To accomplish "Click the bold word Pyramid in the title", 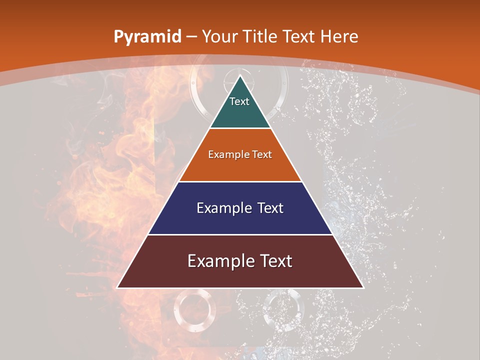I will coord(147,37).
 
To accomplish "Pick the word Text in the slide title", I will coord(300,37).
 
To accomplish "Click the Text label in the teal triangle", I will coord(239,101).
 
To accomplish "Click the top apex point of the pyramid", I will coord(240,75).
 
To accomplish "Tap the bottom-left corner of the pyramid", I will coord(117,287).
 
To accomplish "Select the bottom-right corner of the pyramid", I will coord(363,287).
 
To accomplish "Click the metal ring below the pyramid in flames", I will coord(195,310).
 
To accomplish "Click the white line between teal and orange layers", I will coord(240,128).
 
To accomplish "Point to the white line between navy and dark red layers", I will coord(240,234).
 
